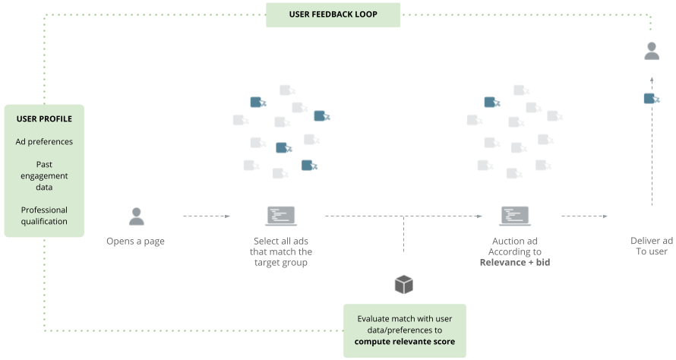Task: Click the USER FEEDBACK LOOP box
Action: (333, 14)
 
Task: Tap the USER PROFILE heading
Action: (44, 119)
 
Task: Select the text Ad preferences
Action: (44, 142)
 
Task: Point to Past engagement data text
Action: (44, 175)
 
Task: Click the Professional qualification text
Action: (44, 216)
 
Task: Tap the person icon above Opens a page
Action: (136, 216)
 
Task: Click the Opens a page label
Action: (136, 242)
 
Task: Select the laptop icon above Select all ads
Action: (280, 216)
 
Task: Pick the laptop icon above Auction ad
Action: (514, 216)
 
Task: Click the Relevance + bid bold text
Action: (514, 263)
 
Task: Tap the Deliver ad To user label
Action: (651, 246)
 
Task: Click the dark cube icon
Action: (404, 284)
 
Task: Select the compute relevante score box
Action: (404, 330)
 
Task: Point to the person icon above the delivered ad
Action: (652, 52)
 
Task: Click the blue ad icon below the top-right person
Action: (651, 99)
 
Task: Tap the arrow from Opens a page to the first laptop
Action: (207, 216)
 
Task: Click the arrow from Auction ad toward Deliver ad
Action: (584, 216)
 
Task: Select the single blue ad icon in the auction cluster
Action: (491, 102)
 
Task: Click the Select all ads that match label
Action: (283, 251)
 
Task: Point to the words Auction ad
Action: (514, 241)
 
